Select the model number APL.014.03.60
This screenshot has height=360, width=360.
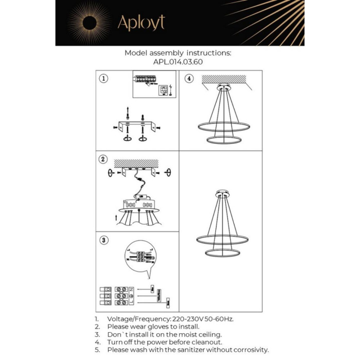[x=178, y=61]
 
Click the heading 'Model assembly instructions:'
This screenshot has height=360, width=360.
[x=178, y=53]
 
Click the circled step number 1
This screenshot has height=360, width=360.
[x=104, y=79]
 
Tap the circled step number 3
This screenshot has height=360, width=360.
[x=104, y=240]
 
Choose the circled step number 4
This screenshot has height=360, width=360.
[x=189, y=79]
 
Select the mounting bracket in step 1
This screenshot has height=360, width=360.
[x=136, y=125]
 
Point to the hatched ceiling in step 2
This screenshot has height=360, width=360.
[x=136, y=163]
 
